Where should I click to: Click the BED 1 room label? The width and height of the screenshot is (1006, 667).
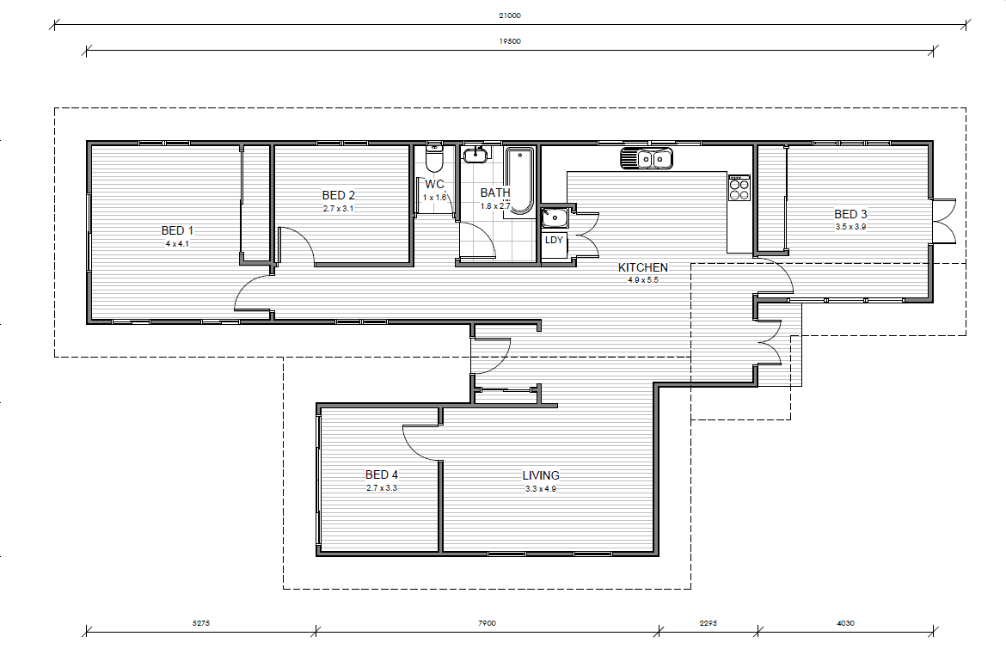click(177, 230)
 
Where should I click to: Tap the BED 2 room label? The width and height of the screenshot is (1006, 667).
click(338, 195)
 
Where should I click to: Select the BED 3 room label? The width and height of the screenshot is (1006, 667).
click(850, 214)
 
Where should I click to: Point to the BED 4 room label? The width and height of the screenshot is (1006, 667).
click(382, 474)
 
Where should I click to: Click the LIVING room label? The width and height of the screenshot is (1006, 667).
click(541, 475)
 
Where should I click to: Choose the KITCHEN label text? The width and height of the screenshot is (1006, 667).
click(643, 267)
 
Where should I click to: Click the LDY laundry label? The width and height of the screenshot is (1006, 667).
click(554, 240)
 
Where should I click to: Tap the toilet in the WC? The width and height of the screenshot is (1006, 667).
click(434, 159)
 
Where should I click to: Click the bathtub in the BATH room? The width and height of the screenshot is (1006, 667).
click(519, 181)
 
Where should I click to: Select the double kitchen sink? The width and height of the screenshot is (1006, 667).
click(647, 158)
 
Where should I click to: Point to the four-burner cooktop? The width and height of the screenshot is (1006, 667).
click(739, 187)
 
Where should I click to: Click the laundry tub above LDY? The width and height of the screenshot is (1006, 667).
click(555, 218)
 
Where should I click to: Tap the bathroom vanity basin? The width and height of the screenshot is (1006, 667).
click(476, 154)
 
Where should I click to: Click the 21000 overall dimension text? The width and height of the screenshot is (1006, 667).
click(510, 15)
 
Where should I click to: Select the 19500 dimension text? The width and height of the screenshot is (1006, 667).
click(510, 41)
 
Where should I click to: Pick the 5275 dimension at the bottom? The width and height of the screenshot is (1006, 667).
click(201, 623)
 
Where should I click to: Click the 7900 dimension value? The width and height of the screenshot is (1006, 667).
click(487, 623)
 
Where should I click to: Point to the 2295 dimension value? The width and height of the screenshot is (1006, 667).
click(708, 623)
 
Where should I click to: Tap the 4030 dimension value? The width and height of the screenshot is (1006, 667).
click(845, 623)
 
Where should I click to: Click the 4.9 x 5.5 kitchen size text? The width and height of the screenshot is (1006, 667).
click(643, 280)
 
